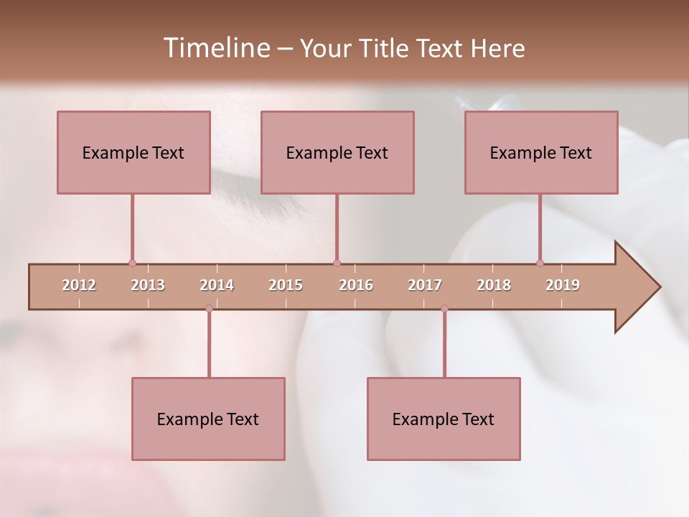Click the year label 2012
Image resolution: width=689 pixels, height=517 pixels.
[79, 285]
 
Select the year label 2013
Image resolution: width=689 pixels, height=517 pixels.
[148, 285]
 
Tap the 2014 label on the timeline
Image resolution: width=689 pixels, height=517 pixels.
[217, 285]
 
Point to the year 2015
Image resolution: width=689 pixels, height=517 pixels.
[286, 285]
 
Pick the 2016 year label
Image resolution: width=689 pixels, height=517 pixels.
[356, 285]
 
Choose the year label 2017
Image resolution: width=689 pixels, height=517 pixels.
[425, 285]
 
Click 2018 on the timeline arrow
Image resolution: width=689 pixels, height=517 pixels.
[494, 285]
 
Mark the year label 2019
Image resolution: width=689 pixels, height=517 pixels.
[563, 285]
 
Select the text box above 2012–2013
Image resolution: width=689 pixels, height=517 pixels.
[133, 152]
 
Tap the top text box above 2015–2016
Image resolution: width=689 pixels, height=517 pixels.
[337, 152]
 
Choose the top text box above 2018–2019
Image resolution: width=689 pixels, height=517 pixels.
[541, 152]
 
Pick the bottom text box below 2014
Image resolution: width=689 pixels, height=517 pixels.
[208, 419]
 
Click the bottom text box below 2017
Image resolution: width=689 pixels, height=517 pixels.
[444, 419]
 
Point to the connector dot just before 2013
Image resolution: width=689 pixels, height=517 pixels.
[132, 263]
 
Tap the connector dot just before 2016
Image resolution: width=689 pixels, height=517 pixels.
[337, 263]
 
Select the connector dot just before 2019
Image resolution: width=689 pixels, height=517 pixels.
[540, 263]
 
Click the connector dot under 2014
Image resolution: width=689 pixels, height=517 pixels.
[209, 308]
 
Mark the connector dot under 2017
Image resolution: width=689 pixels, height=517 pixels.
[444, 308]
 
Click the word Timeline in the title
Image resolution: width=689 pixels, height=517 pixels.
[215, 48]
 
